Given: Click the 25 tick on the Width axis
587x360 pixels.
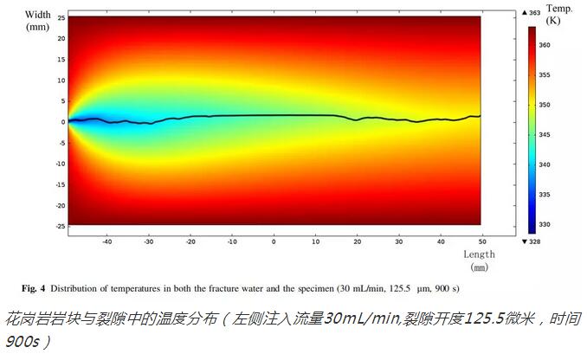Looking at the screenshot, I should pyautogui.click(x=60, y=17).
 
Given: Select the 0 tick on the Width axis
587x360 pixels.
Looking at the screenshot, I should pyautogui.click(x=62, y=122).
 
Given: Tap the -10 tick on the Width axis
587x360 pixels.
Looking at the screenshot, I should pyautogui.click(x=59, y=164).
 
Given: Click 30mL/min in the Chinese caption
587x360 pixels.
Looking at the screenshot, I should pyautogui.click(x=358, y=318).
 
